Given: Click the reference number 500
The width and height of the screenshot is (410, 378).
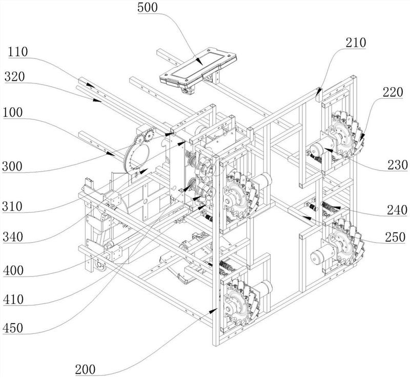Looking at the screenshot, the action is point(148,8).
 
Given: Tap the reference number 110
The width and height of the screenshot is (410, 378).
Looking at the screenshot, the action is point(18,52).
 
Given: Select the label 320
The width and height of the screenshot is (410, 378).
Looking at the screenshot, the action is point(15,77).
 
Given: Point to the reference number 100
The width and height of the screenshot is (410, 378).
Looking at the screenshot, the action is point(13,113).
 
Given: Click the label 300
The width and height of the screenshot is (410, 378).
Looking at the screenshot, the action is point(12,166).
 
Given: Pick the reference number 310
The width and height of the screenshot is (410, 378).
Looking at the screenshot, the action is point(12,206).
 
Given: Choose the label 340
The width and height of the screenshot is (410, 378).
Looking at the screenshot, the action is point(13,237).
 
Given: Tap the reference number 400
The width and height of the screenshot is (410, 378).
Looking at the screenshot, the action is point(13,270).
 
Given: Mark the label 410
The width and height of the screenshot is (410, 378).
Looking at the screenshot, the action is point(13,300).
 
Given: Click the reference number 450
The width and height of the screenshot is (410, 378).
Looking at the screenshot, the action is point(13,328).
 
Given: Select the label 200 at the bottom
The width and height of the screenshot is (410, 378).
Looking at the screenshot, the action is point(85,370).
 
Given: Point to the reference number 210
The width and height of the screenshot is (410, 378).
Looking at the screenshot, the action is point(356,43).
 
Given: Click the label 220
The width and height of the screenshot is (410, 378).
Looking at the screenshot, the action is point(393,92).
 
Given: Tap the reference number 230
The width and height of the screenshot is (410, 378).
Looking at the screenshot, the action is point(398,165).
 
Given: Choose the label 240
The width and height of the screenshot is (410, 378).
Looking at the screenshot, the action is point(397,210).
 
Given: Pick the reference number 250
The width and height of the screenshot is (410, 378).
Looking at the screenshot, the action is point(395,237).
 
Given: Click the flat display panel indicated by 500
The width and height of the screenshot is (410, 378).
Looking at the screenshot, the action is point(198,67).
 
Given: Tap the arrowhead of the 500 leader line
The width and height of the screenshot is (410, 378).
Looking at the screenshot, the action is point(199,62).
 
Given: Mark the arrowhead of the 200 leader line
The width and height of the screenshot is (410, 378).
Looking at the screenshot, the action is point(214,310).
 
